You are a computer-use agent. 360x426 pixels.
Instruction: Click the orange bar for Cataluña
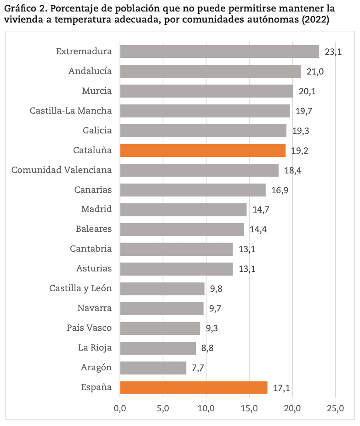pos(202,150)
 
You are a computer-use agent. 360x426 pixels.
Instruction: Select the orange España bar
pos(193,388)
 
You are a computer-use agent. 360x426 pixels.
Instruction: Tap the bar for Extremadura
pos(219,52)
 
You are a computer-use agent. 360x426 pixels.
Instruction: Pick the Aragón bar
pos(153,368)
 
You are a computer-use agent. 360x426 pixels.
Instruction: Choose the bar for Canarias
pos(193,190)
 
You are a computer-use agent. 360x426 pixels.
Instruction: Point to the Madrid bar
pos(183,210)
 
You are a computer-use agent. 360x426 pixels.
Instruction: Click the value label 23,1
pos(333,52)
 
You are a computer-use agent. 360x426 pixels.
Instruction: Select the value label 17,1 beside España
pos(281,388)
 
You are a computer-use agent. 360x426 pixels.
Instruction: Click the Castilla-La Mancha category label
pos(71,111)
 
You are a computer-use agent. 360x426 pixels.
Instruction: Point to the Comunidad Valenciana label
pos(62,170)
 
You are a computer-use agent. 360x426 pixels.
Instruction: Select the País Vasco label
pos(89,328)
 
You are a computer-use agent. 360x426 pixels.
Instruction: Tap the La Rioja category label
pos(95,348)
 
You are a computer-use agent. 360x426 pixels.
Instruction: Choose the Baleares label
pos(94,229)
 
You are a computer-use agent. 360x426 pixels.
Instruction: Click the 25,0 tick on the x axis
pos(335,408)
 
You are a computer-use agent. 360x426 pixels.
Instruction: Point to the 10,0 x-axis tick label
pos(206,408)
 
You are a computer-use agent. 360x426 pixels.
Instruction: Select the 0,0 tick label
pos(120,408)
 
